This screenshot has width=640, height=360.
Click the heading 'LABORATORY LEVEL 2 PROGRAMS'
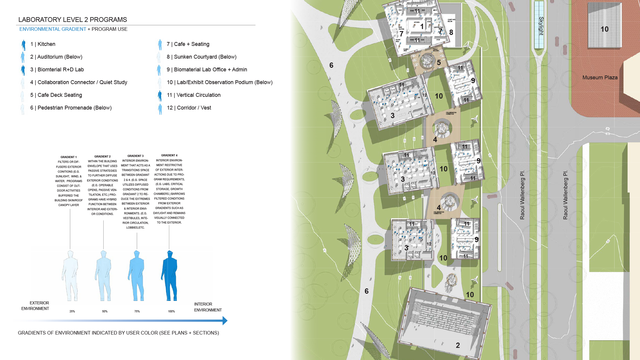[x=73, y=20]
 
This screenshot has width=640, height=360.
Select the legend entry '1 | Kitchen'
[x=43, y=44]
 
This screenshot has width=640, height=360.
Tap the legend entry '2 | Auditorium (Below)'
[x=56, y=57]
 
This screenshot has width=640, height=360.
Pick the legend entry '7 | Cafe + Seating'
[x=188, y=44]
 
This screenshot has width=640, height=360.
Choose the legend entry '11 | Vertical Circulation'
[x=194, y=95]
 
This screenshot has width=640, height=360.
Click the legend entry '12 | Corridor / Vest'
[x=189, y=108]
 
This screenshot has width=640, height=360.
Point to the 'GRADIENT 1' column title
[x=68, y=157]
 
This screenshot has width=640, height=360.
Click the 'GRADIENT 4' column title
[x=169, y=155]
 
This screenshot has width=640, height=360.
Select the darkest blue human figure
[x=170, y=276]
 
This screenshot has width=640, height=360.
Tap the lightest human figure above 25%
[x=70, y=276]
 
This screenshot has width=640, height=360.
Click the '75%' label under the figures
[x=137, y=311]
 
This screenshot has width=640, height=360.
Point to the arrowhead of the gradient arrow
[x=225, y=320]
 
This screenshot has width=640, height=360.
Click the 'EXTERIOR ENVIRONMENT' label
[x=35, y=306]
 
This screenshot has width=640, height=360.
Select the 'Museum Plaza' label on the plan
[x=600, y=78]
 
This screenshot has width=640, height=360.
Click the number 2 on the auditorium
[x=458, y=345]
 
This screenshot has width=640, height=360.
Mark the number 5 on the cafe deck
[x=439, y=63]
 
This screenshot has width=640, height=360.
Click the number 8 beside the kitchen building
[x=451, y=32]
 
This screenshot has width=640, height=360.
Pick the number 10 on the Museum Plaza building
[x=604, y=29]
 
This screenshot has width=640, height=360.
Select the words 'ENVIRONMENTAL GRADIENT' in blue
[x=53, y=29]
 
